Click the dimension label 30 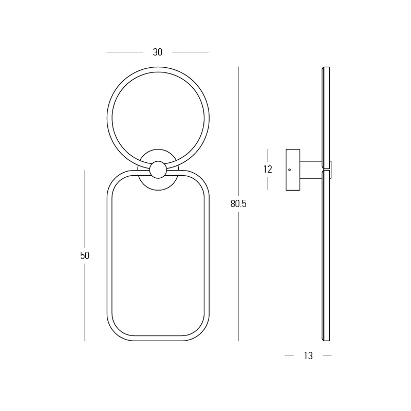(x=158, y=52)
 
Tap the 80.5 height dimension (x=238, y=203)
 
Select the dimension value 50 (x=85, y=255)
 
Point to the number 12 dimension (x=268, y=170)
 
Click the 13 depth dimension (x=308, y=356)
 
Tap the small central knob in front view (x=158, y=170)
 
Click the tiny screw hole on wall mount (x=289, y=170)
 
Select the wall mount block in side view (x=293, y=170)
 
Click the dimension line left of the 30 (x=125, y=52)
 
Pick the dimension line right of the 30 (x=190, y=52)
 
